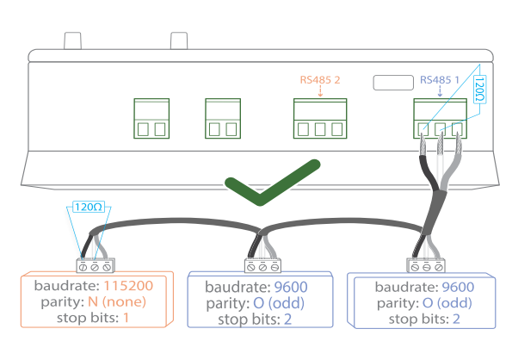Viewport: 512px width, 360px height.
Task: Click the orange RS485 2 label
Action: point(320,80)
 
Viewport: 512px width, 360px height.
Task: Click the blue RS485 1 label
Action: point(440,80)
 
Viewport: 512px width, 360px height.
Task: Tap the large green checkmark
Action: point(273,183)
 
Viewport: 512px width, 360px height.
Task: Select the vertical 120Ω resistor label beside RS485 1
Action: point(479,90)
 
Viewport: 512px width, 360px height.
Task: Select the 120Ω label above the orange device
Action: point(88,207)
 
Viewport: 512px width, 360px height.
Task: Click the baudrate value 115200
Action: point(128,286)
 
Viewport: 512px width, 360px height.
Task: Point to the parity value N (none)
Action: point(117,301)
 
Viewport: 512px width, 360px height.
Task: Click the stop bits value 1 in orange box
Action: point(126,318)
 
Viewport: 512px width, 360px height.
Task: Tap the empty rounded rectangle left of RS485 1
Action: point(393,83)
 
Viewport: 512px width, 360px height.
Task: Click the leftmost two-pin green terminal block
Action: point(151,118)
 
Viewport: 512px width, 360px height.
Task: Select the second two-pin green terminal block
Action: point(223,118)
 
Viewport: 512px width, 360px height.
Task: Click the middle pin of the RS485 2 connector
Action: point(320,129)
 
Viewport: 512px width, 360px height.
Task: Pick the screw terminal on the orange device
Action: point(95,265)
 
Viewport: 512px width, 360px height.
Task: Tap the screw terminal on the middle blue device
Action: point(262,266)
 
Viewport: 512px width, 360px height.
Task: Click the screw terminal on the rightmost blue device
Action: point(426,265)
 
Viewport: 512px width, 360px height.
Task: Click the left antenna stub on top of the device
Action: point(72,40)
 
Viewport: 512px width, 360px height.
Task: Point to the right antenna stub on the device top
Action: point(179,40)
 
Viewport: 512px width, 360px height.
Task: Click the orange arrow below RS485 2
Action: point(320,91)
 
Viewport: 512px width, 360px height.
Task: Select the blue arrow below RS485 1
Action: point(440,91)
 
